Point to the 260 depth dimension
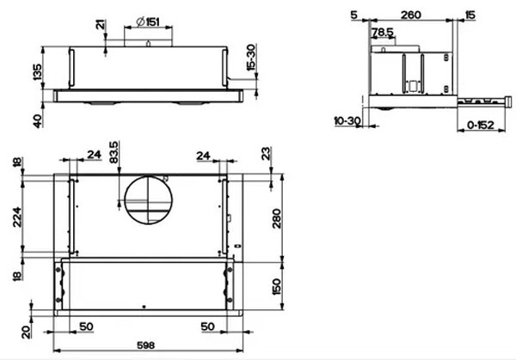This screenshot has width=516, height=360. coord(409,15)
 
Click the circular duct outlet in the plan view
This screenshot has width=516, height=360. coord(146,201)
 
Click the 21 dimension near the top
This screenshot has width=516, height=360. coord(101,27)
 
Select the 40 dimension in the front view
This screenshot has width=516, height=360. coord(36,119)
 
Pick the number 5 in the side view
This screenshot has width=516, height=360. coord(353,15)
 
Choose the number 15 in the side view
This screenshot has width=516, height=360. coord(470,15)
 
